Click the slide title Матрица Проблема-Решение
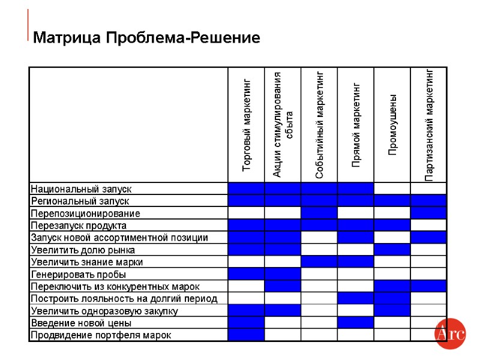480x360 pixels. tap(146, 38)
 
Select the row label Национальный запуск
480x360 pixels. tap(81, 189)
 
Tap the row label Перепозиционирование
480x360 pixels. tap(85, 214)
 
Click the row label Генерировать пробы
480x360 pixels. tap(78, 274)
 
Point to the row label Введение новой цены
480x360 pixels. tap(81, 323)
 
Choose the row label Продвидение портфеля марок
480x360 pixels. tap(101, 335)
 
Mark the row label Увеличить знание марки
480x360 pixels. tap(87, 262)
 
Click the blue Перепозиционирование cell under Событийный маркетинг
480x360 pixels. tap(319, 214)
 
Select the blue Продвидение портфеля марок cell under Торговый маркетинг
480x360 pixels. tap(246, 335)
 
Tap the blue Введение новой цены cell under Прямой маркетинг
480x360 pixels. tap(356, 323)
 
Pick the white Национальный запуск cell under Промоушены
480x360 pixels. tap(392, 189)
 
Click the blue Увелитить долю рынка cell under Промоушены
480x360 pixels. tap(392, 250)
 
